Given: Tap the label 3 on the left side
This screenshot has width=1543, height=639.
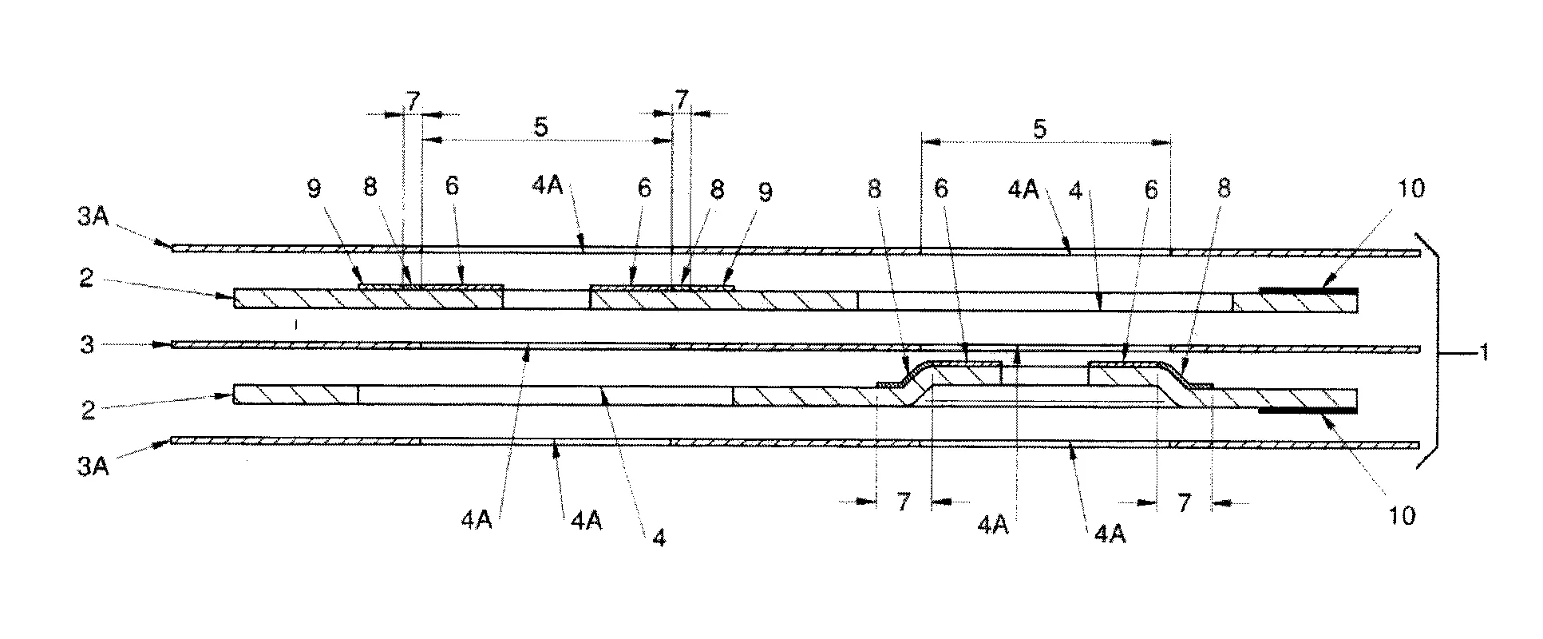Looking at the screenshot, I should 89,344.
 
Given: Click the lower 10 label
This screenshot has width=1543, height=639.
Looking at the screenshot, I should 1402,516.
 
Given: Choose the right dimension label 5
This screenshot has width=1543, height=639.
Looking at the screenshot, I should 1039,129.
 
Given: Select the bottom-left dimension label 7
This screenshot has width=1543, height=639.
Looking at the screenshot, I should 903,502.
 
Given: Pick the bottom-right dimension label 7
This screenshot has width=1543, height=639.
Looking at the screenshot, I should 1184,502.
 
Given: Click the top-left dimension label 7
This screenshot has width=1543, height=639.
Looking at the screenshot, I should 412,101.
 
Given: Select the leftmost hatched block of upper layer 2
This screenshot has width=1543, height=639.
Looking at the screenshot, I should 367,299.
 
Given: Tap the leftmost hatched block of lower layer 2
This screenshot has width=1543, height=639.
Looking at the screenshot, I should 295,395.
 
